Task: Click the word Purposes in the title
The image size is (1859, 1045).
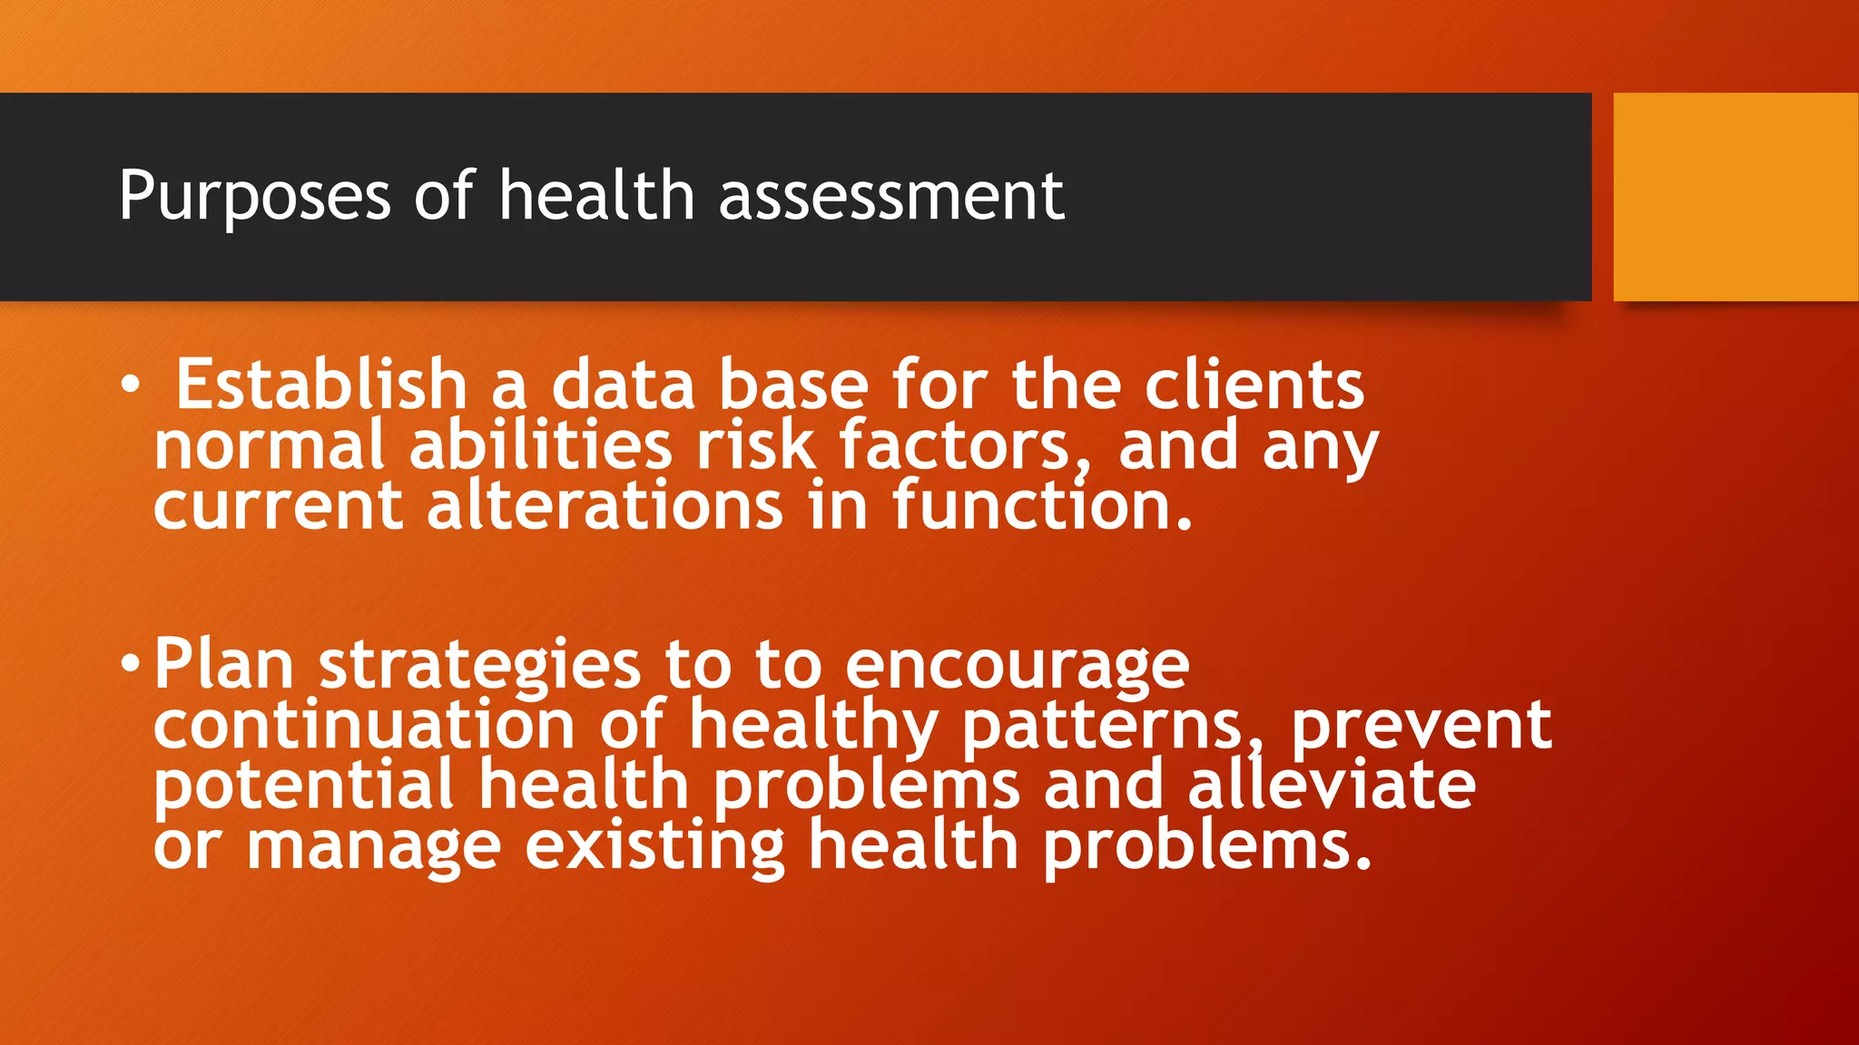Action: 254,197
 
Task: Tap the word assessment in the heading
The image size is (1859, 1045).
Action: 891,197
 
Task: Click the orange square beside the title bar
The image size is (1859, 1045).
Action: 1736,197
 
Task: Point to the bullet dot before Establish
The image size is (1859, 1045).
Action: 131,386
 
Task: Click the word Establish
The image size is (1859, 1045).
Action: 320,385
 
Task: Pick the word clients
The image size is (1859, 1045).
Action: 1254,385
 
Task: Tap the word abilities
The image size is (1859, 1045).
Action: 540,445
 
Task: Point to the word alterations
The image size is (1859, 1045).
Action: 604,505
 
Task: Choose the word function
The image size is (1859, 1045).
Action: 1042,505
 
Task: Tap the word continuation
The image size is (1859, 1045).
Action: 364,725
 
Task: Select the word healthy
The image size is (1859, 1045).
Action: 813,727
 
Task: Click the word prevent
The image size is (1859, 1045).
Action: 1421,725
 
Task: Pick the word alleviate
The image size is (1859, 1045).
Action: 1332,785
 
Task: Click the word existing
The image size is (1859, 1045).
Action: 654,846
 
